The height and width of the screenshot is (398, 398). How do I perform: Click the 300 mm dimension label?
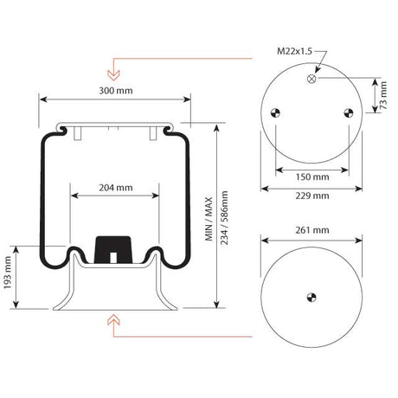[x=116, y=91]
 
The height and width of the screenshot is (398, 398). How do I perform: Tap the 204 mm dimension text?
[x=116, y=188]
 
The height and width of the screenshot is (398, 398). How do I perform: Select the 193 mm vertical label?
[x=7, y=273]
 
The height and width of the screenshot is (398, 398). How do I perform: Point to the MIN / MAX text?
[x=209, y=219]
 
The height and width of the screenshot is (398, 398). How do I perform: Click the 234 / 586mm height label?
[x=224, y=218]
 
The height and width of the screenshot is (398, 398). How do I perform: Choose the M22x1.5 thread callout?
[x=294, y=51]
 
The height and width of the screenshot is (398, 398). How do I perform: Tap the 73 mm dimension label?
[x=383, y=95]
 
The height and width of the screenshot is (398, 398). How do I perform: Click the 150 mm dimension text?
[x=312, y=177]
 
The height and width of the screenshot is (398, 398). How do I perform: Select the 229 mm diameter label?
[x=312, y=196]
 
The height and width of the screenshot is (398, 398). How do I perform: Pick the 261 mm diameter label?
[x=312, y=230]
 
